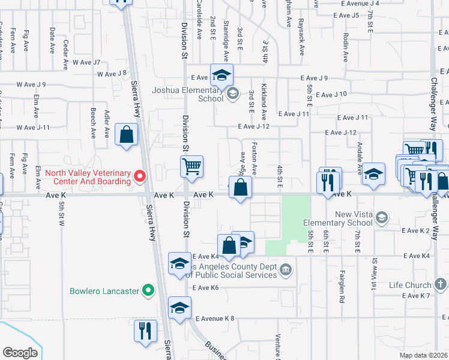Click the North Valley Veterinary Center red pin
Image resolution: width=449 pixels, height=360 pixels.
point(140,176)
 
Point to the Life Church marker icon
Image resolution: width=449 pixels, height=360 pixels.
point(439,285)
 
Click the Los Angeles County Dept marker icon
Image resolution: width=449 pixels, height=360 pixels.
point(287,269)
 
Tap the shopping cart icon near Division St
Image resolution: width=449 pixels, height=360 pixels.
point(192,166)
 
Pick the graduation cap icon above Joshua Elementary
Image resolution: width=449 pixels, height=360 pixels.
point(221,75)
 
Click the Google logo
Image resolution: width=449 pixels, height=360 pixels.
point(20,353)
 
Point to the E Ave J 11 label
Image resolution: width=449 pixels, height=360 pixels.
point(294,113)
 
